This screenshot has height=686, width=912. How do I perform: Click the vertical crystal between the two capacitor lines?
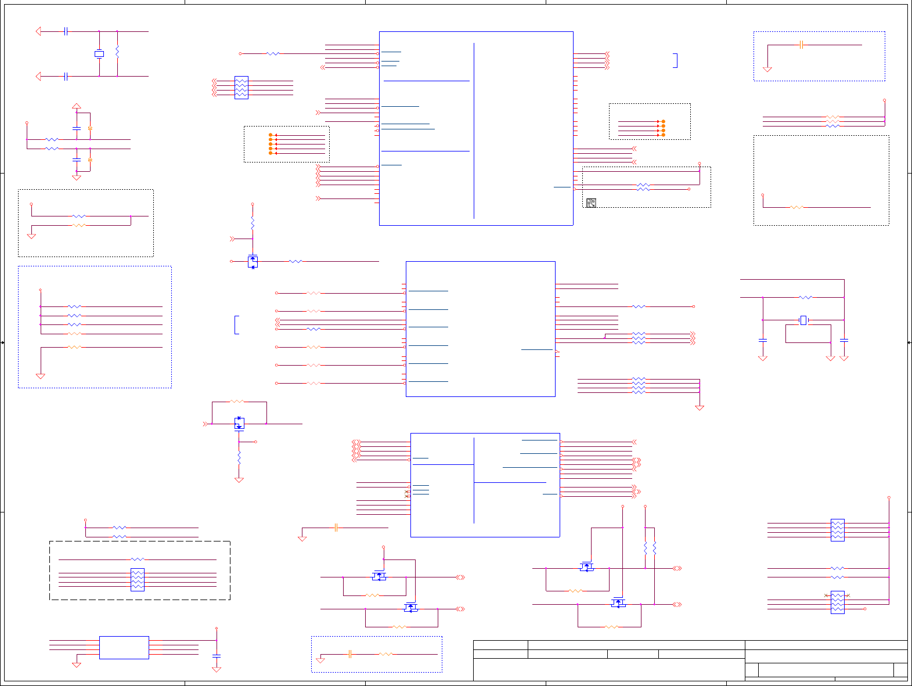point(99,54)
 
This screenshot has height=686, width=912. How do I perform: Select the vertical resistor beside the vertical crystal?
point(117,52)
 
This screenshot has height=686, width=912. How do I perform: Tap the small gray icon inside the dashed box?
point(591,203)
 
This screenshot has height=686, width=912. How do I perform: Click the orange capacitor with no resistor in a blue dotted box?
point(801,45)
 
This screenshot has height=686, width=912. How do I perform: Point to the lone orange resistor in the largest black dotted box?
point(796,207)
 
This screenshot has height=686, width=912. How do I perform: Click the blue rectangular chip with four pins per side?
point(124,647)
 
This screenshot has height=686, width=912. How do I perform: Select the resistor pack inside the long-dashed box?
point(138,580)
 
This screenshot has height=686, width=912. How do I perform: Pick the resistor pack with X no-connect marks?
point(837,602)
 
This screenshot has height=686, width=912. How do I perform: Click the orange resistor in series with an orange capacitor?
point(385,654)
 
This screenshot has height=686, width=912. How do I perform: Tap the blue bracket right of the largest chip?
point(676,60)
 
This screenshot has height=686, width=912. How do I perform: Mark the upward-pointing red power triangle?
point(76,106)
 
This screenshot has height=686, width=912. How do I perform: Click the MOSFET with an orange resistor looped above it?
point(239,423)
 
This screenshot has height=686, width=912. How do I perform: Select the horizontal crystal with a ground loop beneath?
point(803,320)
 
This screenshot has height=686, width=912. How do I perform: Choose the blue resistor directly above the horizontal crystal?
point(806,297)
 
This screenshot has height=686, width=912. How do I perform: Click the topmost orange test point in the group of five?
point(271,135)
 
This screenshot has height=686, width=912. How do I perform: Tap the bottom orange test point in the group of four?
point(663,135)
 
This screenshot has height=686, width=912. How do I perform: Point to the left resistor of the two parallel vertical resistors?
point(645,547)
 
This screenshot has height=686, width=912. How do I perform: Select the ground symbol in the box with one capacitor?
point(767,69)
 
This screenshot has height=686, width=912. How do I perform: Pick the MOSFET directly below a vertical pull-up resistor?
point(253,261)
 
